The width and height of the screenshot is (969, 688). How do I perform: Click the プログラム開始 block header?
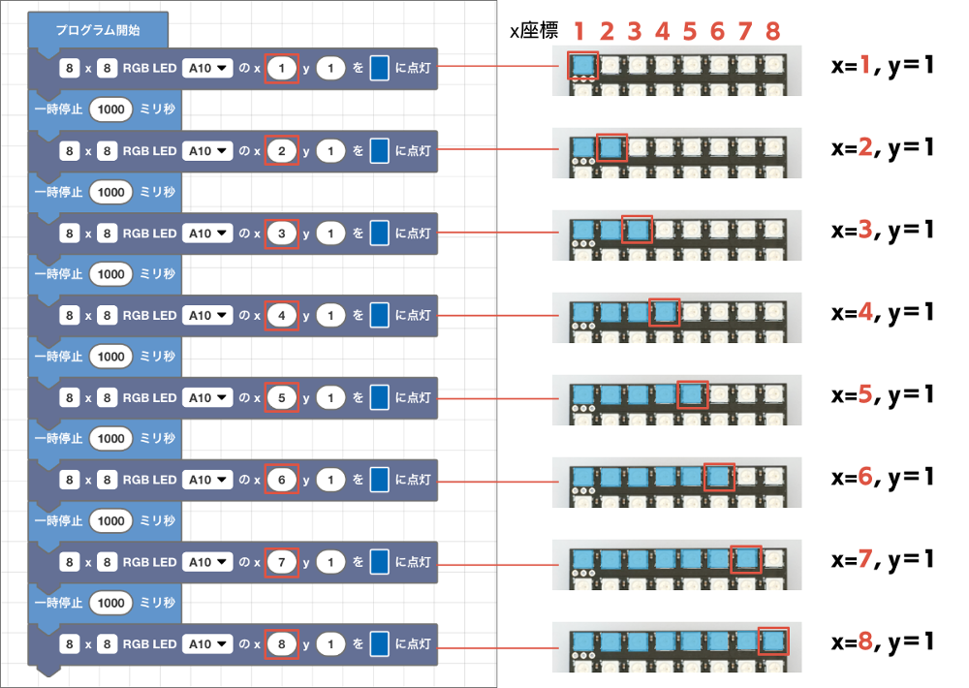(x=98, y=30)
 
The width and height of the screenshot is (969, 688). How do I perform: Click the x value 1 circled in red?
(x=282, y=68)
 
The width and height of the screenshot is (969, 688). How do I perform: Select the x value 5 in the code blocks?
(x=282, y=397)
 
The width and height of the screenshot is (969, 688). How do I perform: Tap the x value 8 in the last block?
(x=282, y=644)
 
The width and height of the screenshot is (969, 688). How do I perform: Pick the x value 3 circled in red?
(x=282, y=233)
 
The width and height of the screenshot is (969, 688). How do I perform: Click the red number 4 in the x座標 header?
(x=663, y=31)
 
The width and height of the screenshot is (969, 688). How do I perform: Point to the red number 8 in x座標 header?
(x=772, y=31)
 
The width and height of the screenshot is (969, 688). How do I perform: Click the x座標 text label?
(x=534, y=30)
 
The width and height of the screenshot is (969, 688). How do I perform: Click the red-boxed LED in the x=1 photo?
(x=582, y=66)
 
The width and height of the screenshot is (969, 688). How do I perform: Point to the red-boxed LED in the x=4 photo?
(x=665, y=312)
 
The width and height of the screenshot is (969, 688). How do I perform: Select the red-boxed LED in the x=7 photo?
(x=746, y=559)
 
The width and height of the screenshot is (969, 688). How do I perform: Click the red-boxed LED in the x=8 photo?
(x=773, y=641)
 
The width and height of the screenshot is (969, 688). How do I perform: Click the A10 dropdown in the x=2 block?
(x=207, y=151)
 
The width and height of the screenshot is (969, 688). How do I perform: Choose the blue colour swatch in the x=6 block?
(x=380, y=480)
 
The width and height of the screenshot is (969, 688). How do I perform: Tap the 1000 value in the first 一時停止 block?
(x=111, y=109)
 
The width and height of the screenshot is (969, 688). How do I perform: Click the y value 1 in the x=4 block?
(x=330, y=315)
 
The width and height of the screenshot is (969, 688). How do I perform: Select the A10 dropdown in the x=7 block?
(x=207, y=562)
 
